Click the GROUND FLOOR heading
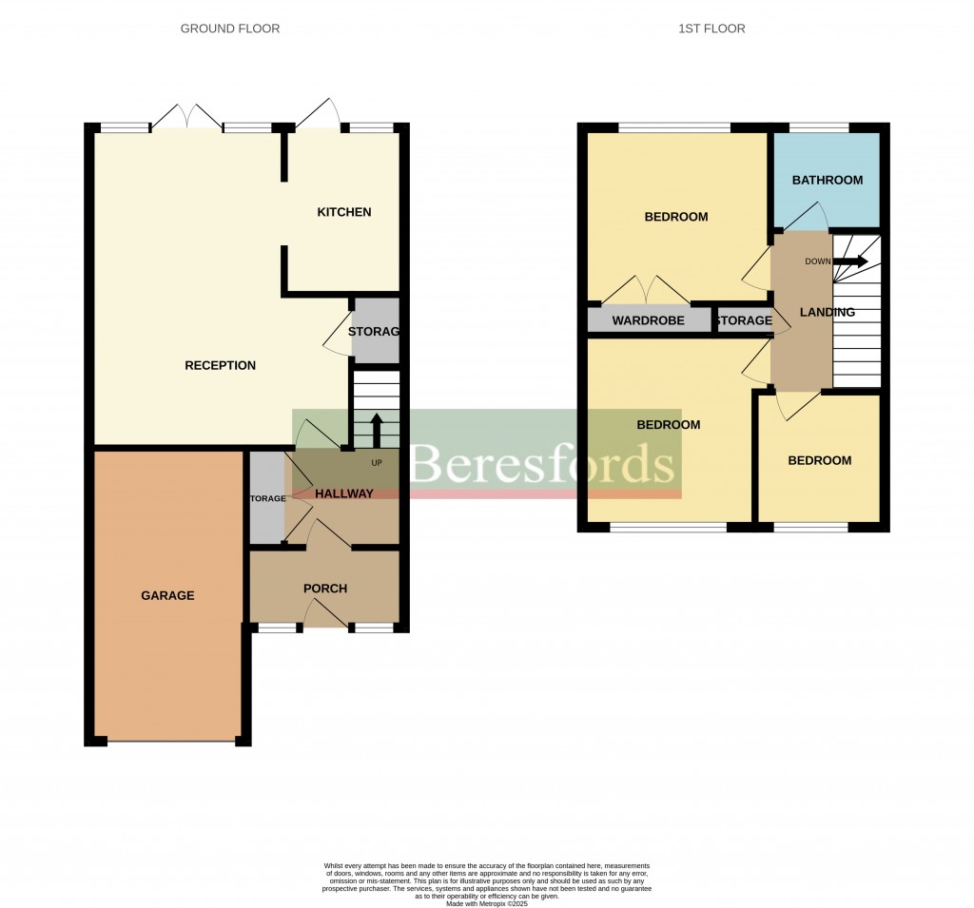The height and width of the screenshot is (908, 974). click(230, 29)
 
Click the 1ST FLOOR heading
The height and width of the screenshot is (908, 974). click(711, 29)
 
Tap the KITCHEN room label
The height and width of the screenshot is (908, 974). click(343, 211)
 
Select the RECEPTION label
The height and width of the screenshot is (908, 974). click(220, 365)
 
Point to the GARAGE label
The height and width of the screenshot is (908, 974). click(167, 595)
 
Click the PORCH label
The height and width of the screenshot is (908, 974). click(325, 589)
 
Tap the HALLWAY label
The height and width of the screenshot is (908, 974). click(343, 493)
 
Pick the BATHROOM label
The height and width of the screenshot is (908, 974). click(827, 180)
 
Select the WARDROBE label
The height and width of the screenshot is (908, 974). click(648, 320)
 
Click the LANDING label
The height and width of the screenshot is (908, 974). click(827, 312)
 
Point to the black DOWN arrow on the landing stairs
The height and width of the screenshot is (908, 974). click(850, 261)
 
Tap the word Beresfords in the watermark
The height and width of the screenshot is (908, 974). click(542, 465)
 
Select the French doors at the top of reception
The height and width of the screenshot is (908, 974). click(187, 116)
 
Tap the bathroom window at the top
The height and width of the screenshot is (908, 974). click(819, 127)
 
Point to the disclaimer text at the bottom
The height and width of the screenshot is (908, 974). click(487, 879)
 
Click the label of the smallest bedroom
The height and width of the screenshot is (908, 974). click(819, 460)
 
